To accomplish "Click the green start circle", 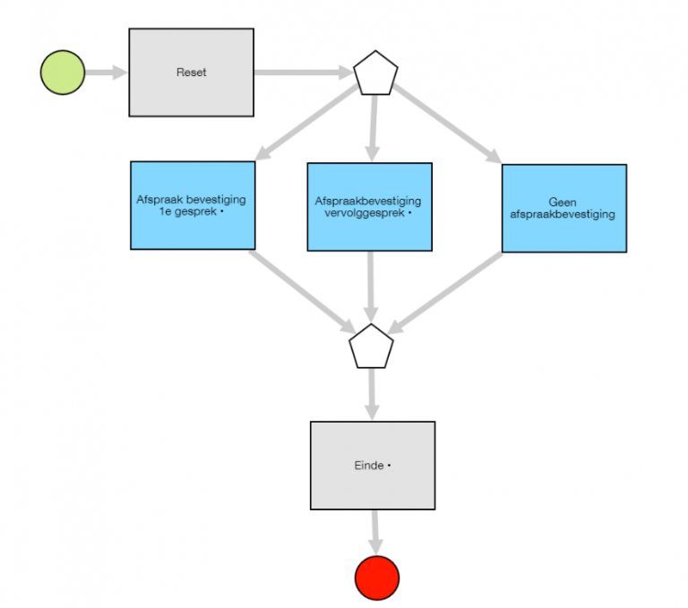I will click(63, 72).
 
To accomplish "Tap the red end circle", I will click(376, 578).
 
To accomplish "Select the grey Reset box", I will click(191, 72).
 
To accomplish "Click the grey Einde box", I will click(372, 466).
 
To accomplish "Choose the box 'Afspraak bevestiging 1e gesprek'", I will click(192, 205).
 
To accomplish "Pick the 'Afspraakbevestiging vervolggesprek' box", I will click(369, 207).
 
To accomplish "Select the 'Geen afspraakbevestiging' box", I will click(563, 208).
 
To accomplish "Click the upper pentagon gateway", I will click(375, 75).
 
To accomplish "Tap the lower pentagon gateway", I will click(371, 347).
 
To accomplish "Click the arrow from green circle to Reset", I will click(106, 72).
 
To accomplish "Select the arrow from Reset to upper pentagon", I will click(303, 72).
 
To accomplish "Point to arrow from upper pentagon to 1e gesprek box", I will click(305, 123).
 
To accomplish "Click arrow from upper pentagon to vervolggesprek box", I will click(374, 125).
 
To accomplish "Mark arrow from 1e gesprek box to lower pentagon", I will click(300, 290).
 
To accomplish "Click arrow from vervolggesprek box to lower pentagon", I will click(370, 287).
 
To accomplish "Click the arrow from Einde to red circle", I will click(374, 532).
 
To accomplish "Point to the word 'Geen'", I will click(563, 202).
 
